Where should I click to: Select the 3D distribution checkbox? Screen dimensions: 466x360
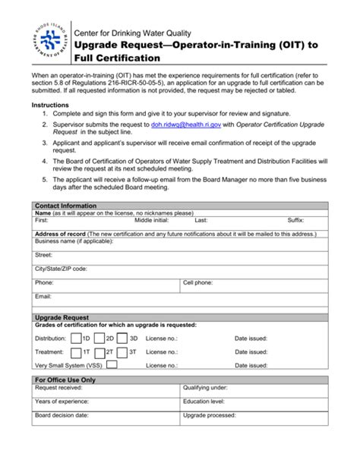pyautogui.click(x=123, y=338)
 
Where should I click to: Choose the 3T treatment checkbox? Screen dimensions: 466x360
pyautogui.click(x=123, y=351)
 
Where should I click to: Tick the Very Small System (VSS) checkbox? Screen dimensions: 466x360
pyautogui.click(x=112, y=365)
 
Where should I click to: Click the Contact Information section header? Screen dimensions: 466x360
pyautogui.click(x=66, y=206)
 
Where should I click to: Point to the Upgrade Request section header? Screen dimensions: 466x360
pyautogui.click(x=62, y=317)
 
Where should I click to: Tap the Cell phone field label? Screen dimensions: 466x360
pyautogui.click(x=197, y=282)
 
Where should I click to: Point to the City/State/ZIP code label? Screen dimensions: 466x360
pyautogui.click(x=61, y=268)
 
